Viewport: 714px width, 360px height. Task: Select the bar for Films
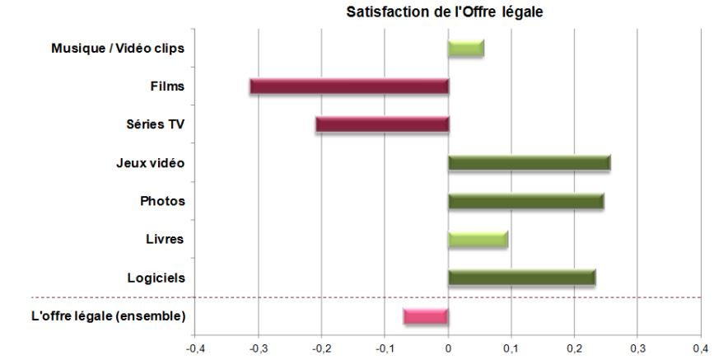click(x=349, y=86)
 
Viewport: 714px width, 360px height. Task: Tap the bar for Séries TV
click(x=382, y=124)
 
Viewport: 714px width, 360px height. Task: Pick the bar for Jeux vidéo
click(x=529, y=162)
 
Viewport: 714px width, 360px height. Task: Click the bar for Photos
click(x=525, y=201)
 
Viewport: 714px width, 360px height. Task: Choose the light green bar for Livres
click(x=478, y=239)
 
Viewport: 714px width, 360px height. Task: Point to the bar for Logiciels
click(x=521, y=278)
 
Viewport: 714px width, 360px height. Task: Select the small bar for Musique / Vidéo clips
click(x=465, y=48)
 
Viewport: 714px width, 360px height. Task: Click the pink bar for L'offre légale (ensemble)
click(x=426, y=316)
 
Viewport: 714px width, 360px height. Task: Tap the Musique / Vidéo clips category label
click(x=118, y=48)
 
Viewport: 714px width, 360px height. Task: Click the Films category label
click(x=169, y=86)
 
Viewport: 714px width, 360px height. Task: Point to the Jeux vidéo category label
click(x=150, y=162)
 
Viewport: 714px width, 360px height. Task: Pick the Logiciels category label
click(x=156, y=278)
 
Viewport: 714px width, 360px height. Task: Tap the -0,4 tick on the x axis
click(x=195, y=348)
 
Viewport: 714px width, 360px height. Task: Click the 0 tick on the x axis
click(x=448, y=348)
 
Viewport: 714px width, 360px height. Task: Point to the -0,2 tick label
click(x=321, y=348)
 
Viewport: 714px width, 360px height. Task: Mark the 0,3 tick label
click(x=637, y=348)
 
